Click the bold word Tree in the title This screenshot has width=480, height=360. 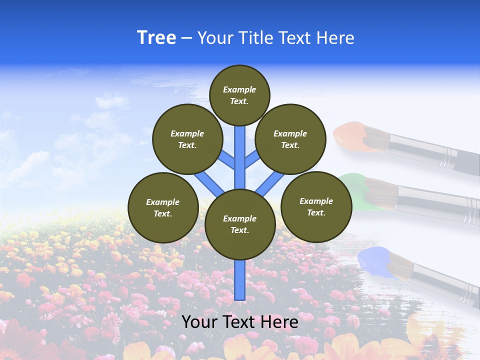click(156, 37)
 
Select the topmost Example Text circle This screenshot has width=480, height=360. click(239, 95)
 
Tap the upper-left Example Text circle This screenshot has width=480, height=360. click(187, 139)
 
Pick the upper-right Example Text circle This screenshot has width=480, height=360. click(290, 139)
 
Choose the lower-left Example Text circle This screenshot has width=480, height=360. click(163, 207)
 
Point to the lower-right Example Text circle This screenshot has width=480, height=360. click(316, 206)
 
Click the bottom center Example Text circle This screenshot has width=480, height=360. click(240, 224)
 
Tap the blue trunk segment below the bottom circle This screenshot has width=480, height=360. click(240, 279)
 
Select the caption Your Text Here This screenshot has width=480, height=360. click(239, 322)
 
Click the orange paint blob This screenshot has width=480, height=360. click(350, 136)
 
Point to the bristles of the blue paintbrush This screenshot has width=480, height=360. click(400, 265)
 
